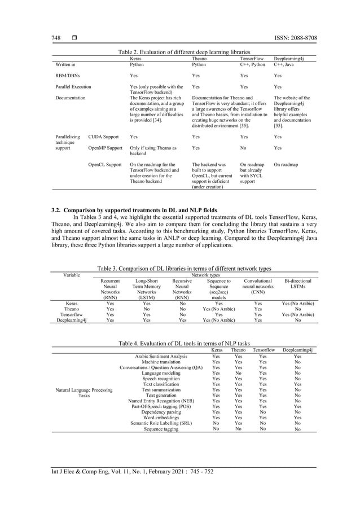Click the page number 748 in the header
pos(56,38)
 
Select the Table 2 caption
pos(179,52)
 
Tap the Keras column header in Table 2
pos(136,58)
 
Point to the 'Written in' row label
pos(65,64)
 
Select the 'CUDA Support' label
pos(103,137)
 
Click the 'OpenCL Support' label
pos(105,165)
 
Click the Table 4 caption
pos(180,343)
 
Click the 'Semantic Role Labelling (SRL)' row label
pos(161,423)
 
